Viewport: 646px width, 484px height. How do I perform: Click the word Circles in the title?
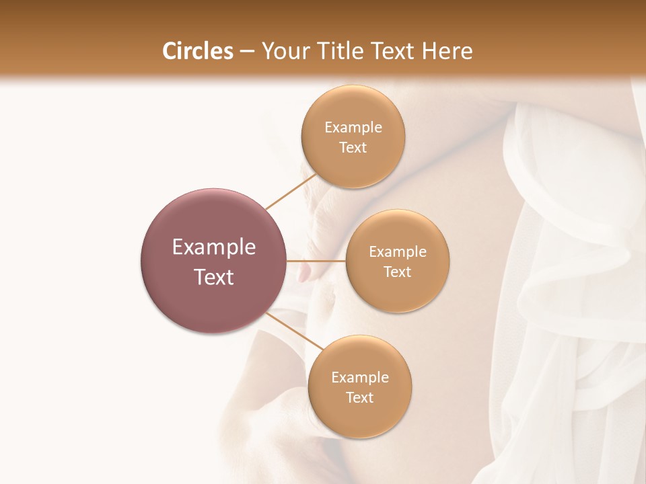(x=197, y=51)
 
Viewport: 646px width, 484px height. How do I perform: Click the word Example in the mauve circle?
(x=213, y=247)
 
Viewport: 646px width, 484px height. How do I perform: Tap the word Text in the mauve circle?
(x=213, y=277)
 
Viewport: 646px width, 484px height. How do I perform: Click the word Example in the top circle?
(x=353, y=128)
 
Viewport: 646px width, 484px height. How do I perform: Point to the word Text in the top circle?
(x=353, y=148)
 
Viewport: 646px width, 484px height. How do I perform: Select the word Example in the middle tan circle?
(x=398, y=252)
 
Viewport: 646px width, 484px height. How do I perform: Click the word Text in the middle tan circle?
(x=398, y=272)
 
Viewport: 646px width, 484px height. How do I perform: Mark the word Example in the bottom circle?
(x=360, y=378)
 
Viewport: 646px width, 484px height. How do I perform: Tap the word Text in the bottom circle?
(x=360, y=397)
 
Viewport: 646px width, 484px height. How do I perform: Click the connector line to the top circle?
(x=291, y=191)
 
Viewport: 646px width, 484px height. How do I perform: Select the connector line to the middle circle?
(x=316, y=260)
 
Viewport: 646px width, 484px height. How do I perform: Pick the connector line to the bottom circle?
(x=295, y=331)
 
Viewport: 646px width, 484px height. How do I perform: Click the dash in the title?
(x=247, y=52)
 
